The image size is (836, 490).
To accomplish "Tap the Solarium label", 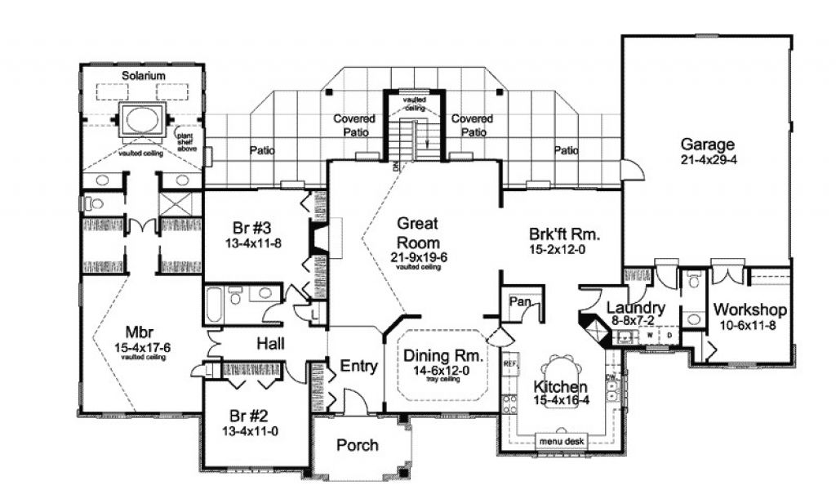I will (144, 76).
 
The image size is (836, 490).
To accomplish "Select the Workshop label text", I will (749, 310).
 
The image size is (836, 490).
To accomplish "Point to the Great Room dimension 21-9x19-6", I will (418, 257).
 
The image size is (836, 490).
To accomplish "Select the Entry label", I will (358, 367).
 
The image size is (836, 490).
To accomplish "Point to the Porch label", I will (357, 445).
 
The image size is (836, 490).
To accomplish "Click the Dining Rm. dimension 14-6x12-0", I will (442, 370).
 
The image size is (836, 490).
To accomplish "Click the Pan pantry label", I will (520, 301).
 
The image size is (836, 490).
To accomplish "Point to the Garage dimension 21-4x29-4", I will (709, 161).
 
